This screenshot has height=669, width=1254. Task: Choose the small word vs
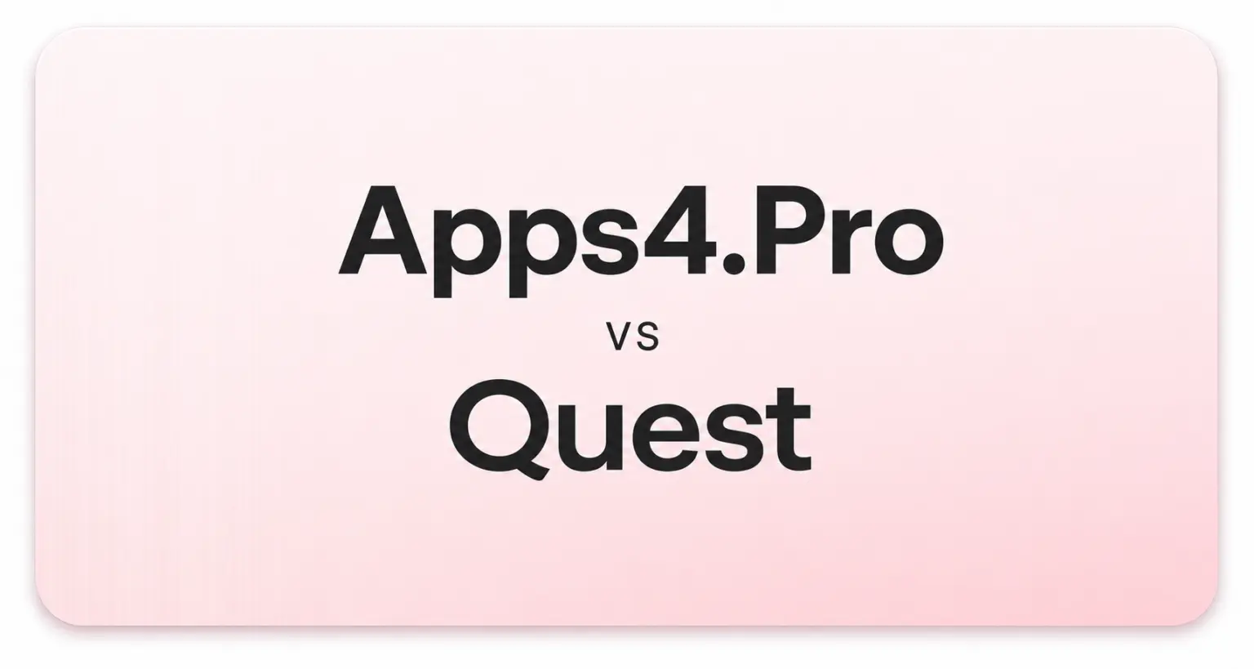pos(634,338)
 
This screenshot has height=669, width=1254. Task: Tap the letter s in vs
pos(647,338)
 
